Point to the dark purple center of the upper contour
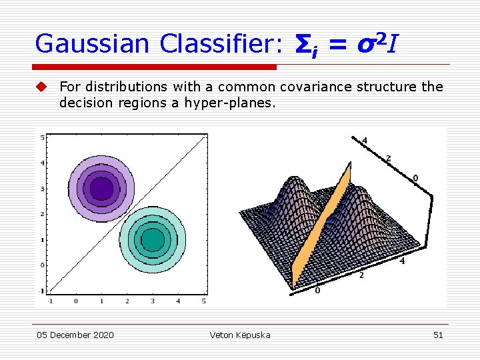[x=101, y=189]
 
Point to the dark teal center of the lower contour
[x=153, y=239]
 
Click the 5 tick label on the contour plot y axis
[x=43, y=138]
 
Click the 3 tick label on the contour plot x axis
[x=153, y=301]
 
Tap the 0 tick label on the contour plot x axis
[x=75, y=301]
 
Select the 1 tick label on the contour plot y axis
[x=43, y=239]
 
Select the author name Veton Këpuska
[x=240, y=335]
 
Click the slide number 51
[x=438, y=335]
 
